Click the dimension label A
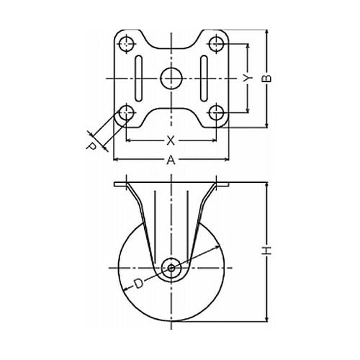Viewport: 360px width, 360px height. pyautogui.click(x=171, y=160)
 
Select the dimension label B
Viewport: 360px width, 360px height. pyautogui.click(x=266, y=78)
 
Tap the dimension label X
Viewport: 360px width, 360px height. pyautogui.click(x=171, y=140)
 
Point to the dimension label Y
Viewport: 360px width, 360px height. pyautogui.click(x=247, y=78)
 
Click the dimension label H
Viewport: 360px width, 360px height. pyautogui.click(x=266, y=251)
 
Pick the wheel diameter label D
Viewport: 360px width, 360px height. pyautogui.click(x=138, y=284)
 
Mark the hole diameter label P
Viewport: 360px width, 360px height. pyautogui.click(x=91, y=146)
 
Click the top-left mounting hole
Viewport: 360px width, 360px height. pyautogui.click(x=126, y=44)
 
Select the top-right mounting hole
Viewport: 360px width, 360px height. pyautogui.click(x=216, y=44)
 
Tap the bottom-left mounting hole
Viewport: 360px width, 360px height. pyautogui.click(x=126, y=112)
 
